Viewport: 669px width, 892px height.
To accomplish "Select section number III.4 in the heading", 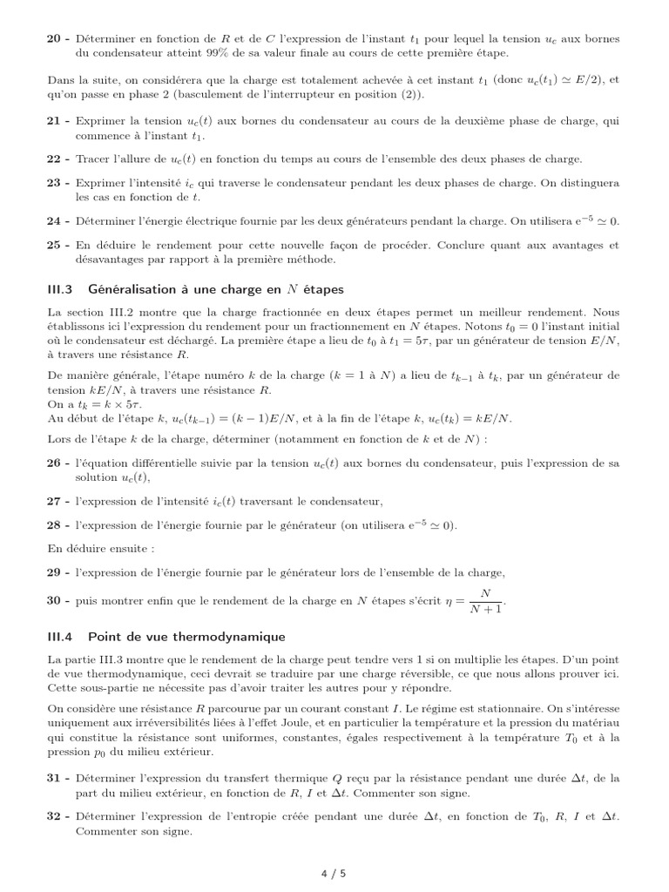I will [x=63, y=637].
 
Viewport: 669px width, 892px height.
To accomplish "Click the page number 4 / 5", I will [x=334, y=873].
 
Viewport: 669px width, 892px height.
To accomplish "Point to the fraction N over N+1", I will [x=485, y=601].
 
